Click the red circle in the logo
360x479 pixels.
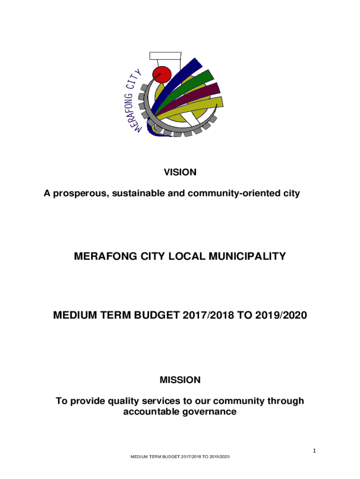pyautogui.click(x=162, y=75)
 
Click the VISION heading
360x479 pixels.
pyautogui.click(x=180, y=172)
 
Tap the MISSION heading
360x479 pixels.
pyautogui.click(x=180, y=380)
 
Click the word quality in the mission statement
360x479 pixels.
pyautogui.click(x=126, y=401)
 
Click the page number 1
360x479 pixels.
pyautogui.click(x=315, y=451)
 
